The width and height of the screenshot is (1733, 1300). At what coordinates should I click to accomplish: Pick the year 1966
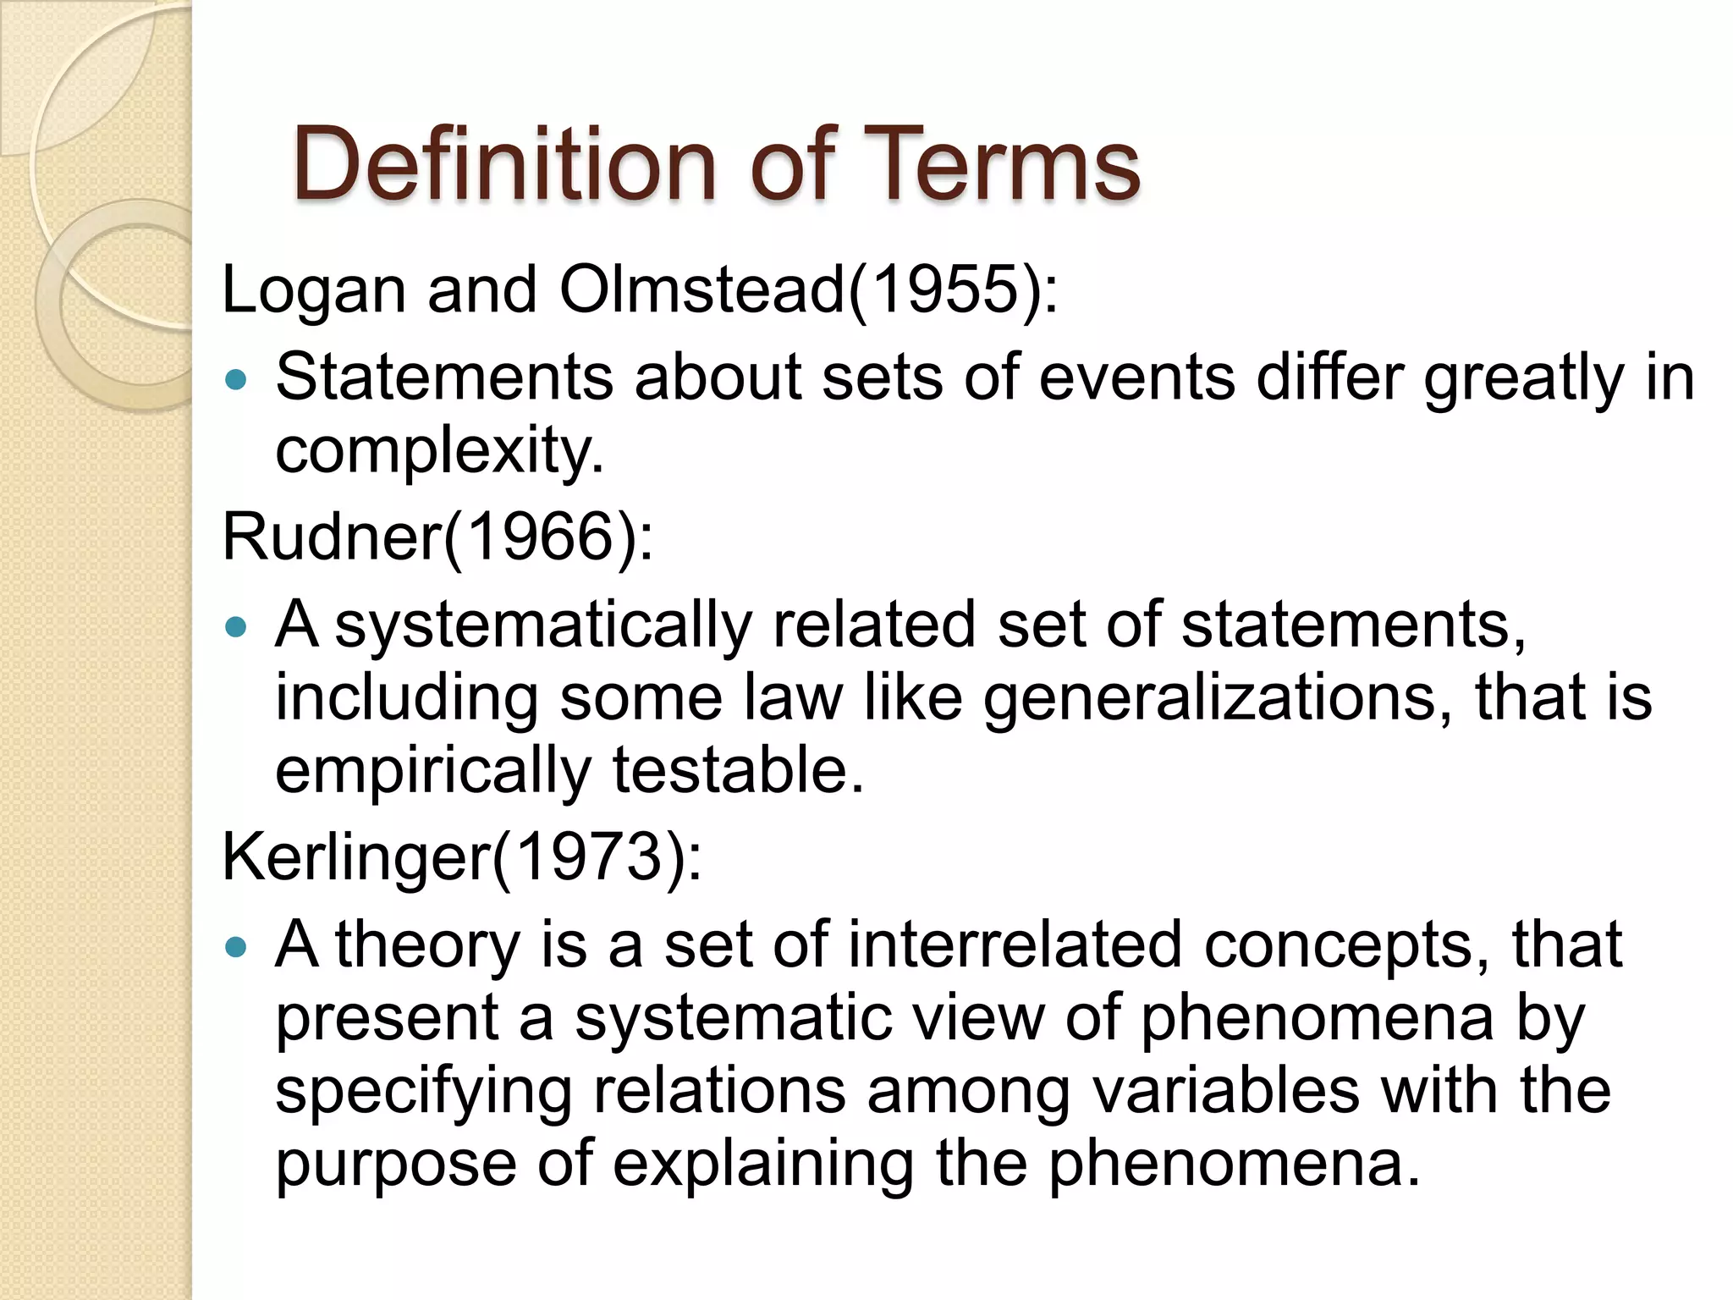click(539, 537)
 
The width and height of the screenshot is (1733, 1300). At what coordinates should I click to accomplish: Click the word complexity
click(438, 452)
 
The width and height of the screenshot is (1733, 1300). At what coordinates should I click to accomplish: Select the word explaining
click(762, 1165)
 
